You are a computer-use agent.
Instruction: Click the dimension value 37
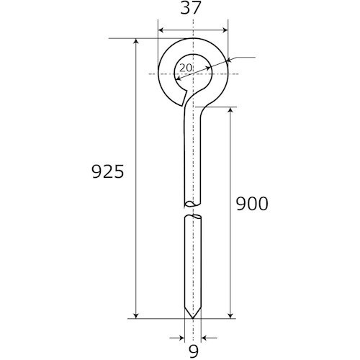190,8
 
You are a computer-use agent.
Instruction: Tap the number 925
108,171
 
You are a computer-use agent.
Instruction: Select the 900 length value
252,204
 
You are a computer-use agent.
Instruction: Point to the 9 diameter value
193,351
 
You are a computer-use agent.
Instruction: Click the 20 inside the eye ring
186,68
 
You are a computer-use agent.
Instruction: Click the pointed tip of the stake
193,318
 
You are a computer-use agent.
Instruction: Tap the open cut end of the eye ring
184,99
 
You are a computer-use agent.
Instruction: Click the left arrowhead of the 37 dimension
161,30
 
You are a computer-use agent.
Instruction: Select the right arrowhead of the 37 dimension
225,30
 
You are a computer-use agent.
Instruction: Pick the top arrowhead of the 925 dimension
136,42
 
